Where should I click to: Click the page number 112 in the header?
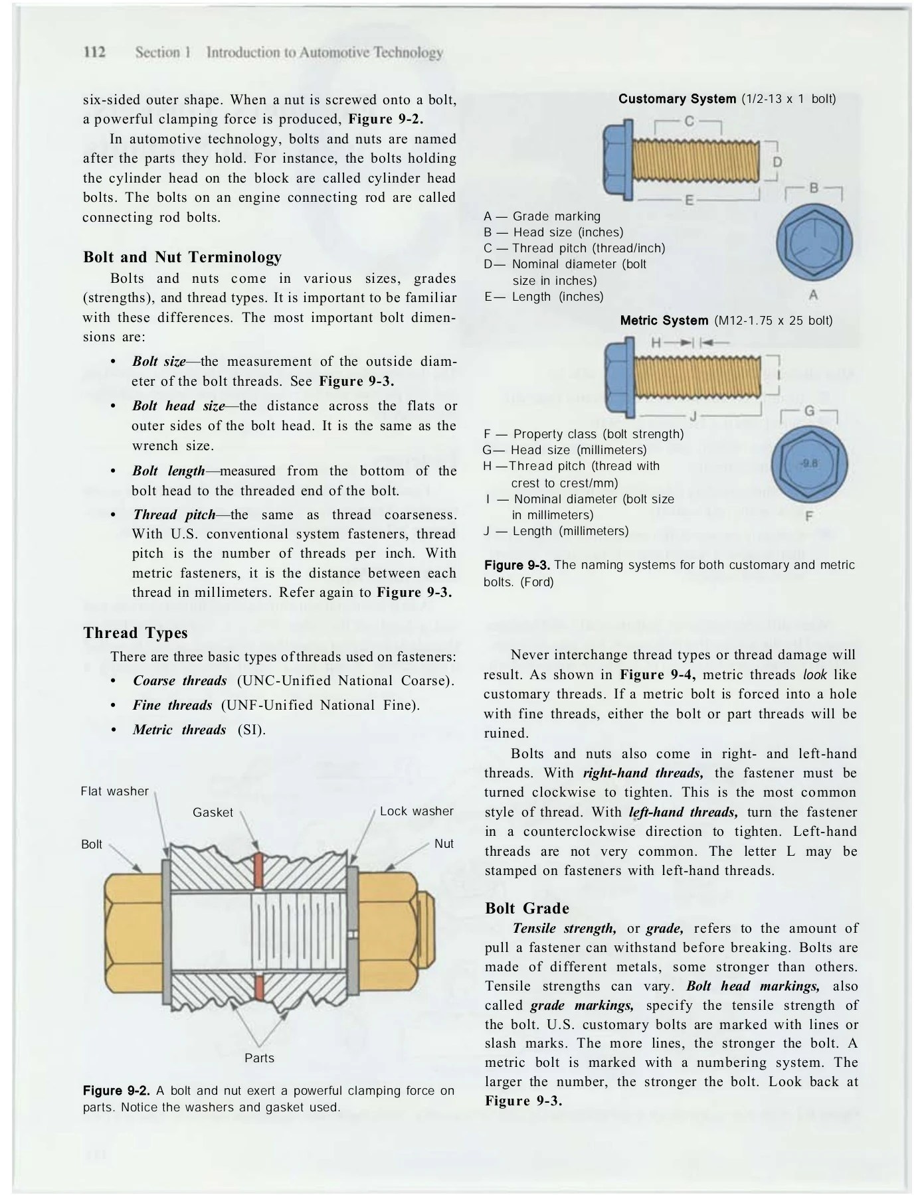(x=95, y=52)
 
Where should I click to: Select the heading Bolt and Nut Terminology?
(x=182, y=257)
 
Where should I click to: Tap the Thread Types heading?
(x=136, y=633)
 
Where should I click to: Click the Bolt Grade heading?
(x=527, y=908)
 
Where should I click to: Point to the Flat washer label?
(x=114, y=791)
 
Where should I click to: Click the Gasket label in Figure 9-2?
(x=213, y=813)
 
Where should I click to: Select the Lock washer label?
(x=416, y=811)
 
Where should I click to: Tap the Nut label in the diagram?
(x=444, y=844)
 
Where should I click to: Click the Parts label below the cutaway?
(x=259, y=1058)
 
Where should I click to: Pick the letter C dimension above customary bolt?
(x=689, y=121)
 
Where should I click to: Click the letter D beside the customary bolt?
(x=777, y=162)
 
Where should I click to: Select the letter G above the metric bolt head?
(x=809, y=412)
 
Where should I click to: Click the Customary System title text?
(x=676, y=99)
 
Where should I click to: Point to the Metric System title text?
(x=664, y=321)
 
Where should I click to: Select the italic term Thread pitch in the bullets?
(x=174, y=515)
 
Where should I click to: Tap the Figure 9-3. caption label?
(x=517, y=565)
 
